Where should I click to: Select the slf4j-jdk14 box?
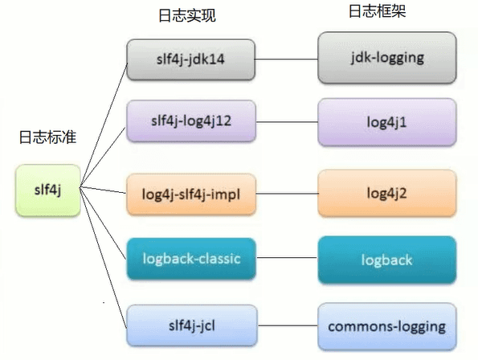pos(191,59)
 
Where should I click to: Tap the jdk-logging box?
pos(387,59)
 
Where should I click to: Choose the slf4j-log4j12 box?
pos(191,121)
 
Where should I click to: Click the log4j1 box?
pos(387,121)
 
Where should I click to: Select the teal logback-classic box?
pos(191,259)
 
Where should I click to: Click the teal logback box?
pos(387,260)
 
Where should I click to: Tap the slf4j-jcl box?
pos(191,325)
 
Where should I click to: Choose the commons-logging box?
pos(387,326)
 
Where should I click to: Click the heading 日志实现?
pos(189,16)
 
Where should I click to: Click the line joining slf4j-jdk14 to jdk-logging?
pos(287,59)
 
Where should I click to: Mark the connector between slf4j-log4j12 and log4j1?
pos(287,121)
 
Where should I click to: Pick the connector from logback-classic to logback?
pos(287,260)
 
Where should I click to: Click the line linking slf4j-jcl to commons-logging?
pos(287,326)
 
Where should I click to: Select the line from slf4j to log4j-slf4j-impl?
pos(103,190)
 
